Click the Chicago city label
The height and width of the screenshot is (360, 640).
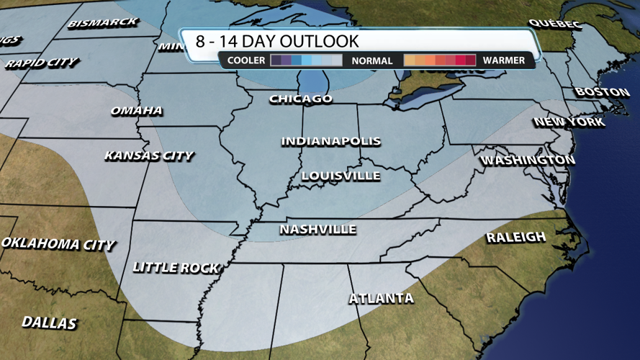pyautogui.click(x=301, y=99)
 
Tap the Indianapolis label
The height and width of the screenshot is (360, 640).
pyautogui.click(x=330, y=141)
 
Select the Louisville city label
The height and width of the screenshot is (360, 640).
pyautogui.click(x=341, y=176)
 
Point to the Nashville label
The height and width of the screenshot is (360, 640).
pyautogui.click(x=317, y=230)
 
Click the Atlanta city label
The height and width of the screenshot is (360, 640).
pyautogui.click(x=381, y=298)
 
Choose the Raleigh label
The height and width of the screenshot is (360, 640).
pyautogui.click(x=515, y=237)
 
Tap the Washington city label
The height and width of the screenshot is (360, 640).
pyautogui.click(x=527, y=160)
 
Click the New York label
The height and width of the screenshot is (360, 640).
pyautogui.click(x=569, y=122)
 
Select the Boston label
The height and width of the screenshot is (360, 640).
pyautogui.click(x=602, y=92)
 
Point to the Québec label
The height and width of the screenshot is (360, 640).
pyautogui.click(x=554, y=24)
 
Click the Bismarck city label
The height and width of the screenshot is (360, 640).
pyautogui.click(x=102, y=23)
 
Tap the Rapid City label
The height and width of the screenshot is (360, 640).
pyautogui.click(x=42, y=63)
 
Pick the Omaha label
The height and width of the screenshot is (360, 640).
pyautogui.click(x=136, y=111)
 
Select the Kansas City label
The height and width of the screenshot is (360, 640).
pyautogui.click(x=148, y=156)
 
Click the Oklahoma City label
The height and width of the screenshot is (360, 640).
pyautogui.click(x=58, y=243)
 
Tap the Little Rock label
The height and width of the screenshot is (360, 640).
pyautogui.click(x=176, y=267)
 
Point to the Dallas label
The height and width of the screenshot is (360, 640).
pyautogui.click(x=49, y=323)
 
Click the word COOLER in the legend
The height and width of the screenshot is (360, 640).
pyautogui.click(x=246, y=60)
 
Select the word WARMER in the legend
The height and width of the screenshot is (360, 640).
pyautogui.click(x=504, y=60)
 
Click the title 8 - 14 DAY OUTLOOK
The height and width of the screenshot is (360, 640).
pyautogui.click(x=277, y=40)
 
